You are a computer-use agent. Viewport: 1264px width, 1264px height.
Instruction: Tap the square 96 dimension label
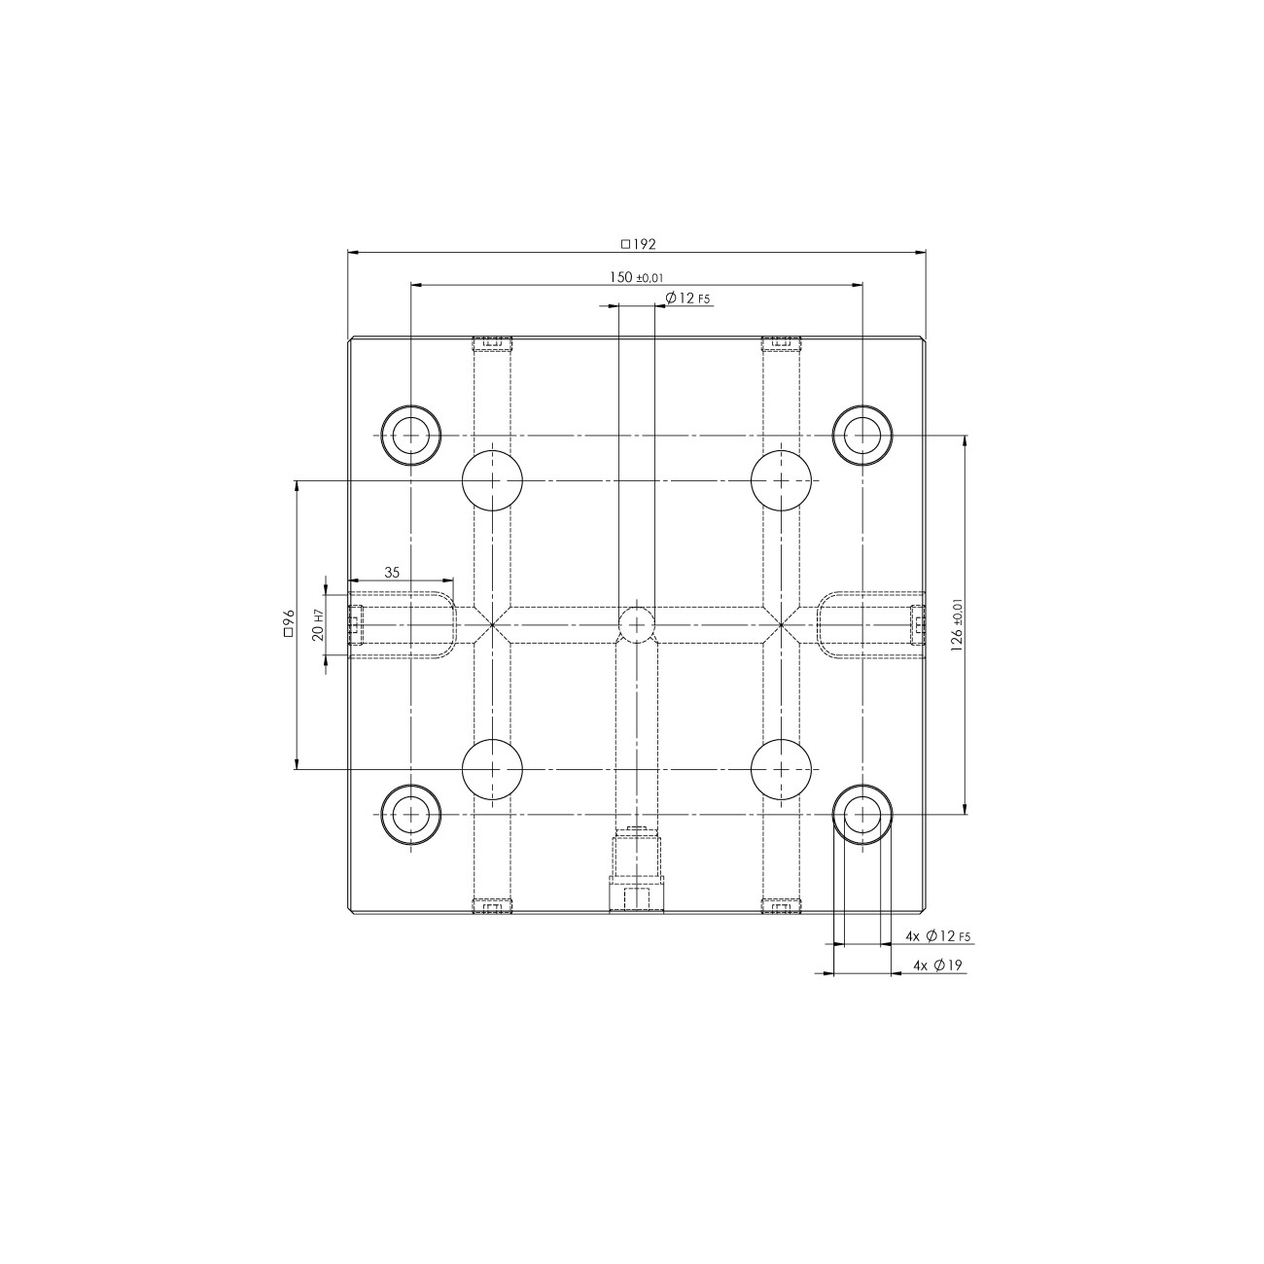tap(288, 623)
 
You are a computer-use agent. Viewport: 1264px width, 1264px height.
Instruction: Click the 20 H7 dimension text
tap(316, 625)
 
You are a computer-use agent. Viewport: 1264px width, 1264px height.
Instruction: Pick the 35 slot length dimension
tap(392, 573)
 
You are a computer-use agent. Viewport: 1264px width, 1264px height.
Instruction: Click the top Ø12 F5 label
tap(687, 298)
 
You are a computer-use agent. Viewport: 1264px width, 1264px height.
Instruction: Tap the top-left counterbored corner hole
tap(410, 435)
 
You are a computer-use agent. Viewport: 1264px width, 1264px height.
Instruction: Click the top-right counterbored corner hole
tap(861, 435)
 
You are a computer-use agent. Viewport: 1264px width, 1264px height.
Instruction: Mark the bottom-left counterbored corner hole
tap(410, 814)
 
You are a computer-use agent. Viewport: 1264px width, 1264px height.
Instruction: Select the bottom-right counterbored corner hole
tap(861, 814)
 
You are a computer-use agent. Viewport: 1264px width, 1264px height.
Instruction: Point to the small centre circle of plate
tap(637, 624)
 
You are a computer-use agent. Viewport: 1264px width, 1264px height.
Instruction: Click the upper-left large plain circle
tap(492, 479)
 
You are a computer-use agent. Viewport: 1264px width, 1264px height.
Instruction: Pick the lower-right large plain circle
tap(782, 769)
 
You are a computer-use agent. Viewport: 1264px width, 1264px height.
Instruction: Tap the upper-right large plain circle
tap(782, 479)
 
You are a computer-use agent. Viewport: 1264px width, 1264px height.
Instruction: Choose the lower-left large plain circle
tap(492, 769)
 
